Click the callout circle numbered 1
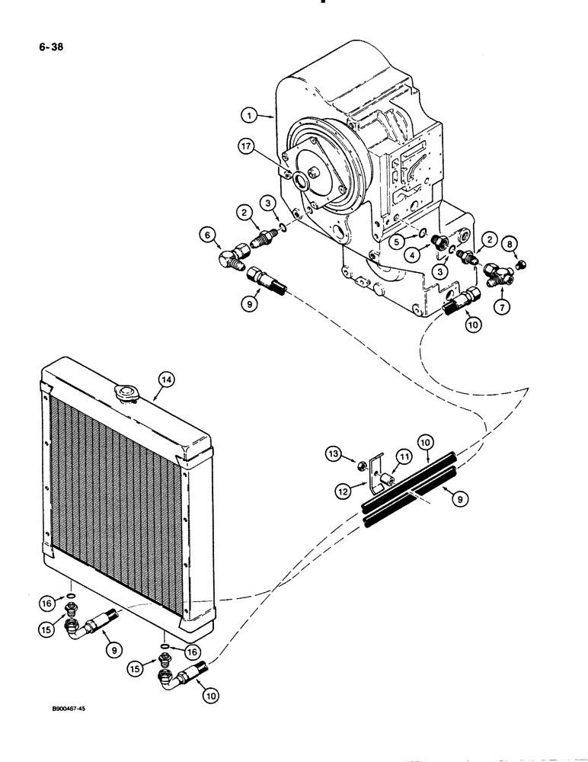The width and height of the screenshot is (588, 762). (x=247, y=117)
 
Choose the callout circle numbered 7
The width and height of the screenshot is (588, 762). (x=502, y=307)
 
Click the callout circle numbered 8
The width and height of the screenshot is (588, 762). (x=512, y=243)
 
